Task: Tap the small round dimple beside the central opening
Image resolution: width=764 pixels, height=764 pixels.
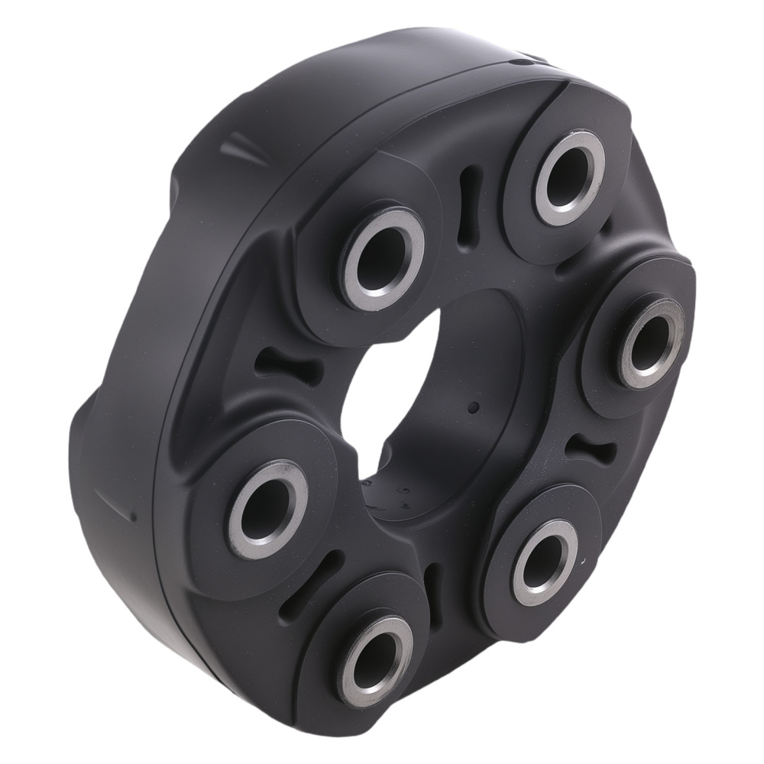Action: (x=473, y=407)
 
